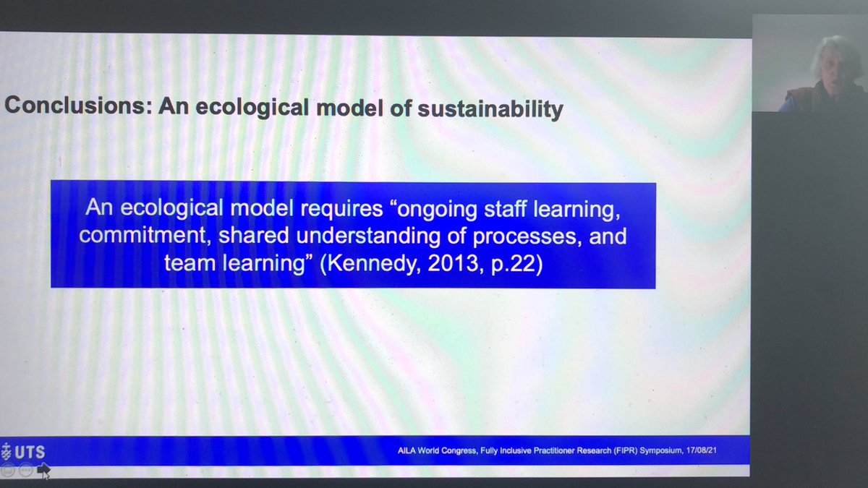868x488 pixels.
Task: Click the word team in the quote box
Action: pos(187,263)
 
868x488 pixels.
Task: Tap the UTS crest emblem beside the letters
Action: pos(7,452)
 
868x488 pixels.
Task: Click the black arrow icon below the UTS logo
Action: pos(43,471)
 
